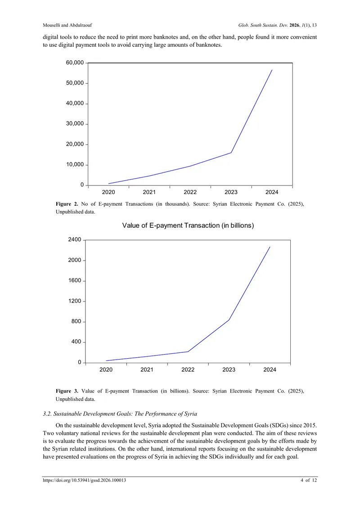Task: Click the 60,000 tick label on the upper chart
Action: click(75, 63)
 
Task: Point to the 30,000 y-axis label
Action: click(75, 124)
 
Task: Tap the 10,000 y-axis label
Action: click(75, 165)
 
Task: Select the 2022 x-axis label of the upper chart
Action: click(190, 192)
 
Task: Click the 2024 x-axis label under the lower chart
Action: click(270, 370)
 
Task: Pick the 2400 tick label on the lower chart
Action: click(75, 239)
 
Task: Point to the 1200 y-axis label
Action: click(75, 301)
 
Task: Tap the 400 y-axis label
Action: click(76, 342)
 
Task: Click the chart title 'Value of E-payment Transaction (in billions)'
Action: click(188, 225)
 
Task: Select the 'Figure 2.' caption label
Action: click(67, 204)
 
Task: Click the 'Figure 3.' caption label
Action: click(67, 391)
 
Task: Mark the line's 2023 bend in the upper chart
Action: click(231, 153)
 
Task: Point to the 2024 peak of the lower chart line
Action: click(270, 247)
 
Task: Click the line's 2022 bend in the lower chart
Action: click(188, 351)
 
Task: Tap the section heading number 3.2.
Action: click(47, 414)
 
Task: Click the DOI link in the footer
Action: click(85, 480)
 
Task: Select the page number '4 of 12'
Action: click(309, 480)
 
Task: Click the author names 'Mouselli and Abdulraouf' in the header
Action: click(67, 25)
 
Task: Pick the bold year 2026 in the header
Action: click(294, 25)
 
